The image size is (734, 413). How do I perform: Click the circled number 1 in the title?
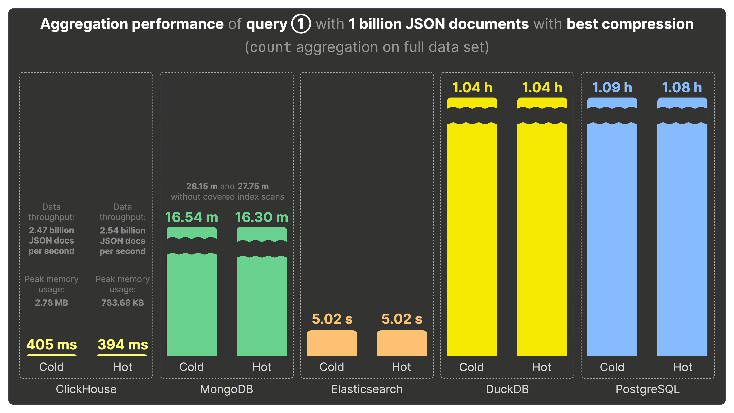pos(301,24)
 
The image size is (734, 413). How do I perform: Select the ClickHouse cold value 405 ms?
pos(52,344)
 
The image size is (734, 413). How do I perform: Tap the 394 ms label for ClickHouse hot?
pos(123,344)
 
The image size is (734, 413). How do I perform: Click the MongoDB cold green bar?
pos(192,305)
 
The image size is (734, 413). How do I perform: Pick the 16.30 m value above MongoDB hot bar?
pos(261,217)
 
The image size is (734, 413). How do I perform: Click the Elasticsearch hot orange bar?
pos(402,343)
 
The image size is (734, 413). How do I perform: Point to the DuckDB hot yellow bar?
pos(542,239)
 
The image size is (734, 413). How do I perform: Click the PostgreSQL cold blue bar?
pos(612,239)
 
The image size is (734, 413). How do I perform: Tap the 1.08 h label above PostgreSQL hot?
pos(682,88)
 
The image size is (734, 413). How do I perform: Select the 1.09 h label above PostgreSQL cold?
pos(612,88)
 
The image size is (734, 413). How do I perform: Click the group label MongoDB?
pos(227,389)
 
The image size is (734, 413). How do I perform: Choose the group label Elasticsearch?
pos(367,389)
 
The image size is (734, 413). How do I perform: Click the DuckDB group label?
pos(507,389)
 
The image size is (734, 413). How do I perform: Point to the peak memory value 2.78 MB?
pos(52,302)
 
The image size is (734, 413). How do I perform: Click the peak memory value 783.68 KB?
pos(123,302)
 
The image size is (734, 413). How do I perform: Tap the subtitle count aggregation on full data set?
pos(367,47)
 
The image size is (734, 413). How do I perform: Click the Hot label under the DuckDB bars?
pos(542,367)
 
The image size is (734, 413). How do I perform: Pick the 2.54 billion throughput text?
pos(123,230)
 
